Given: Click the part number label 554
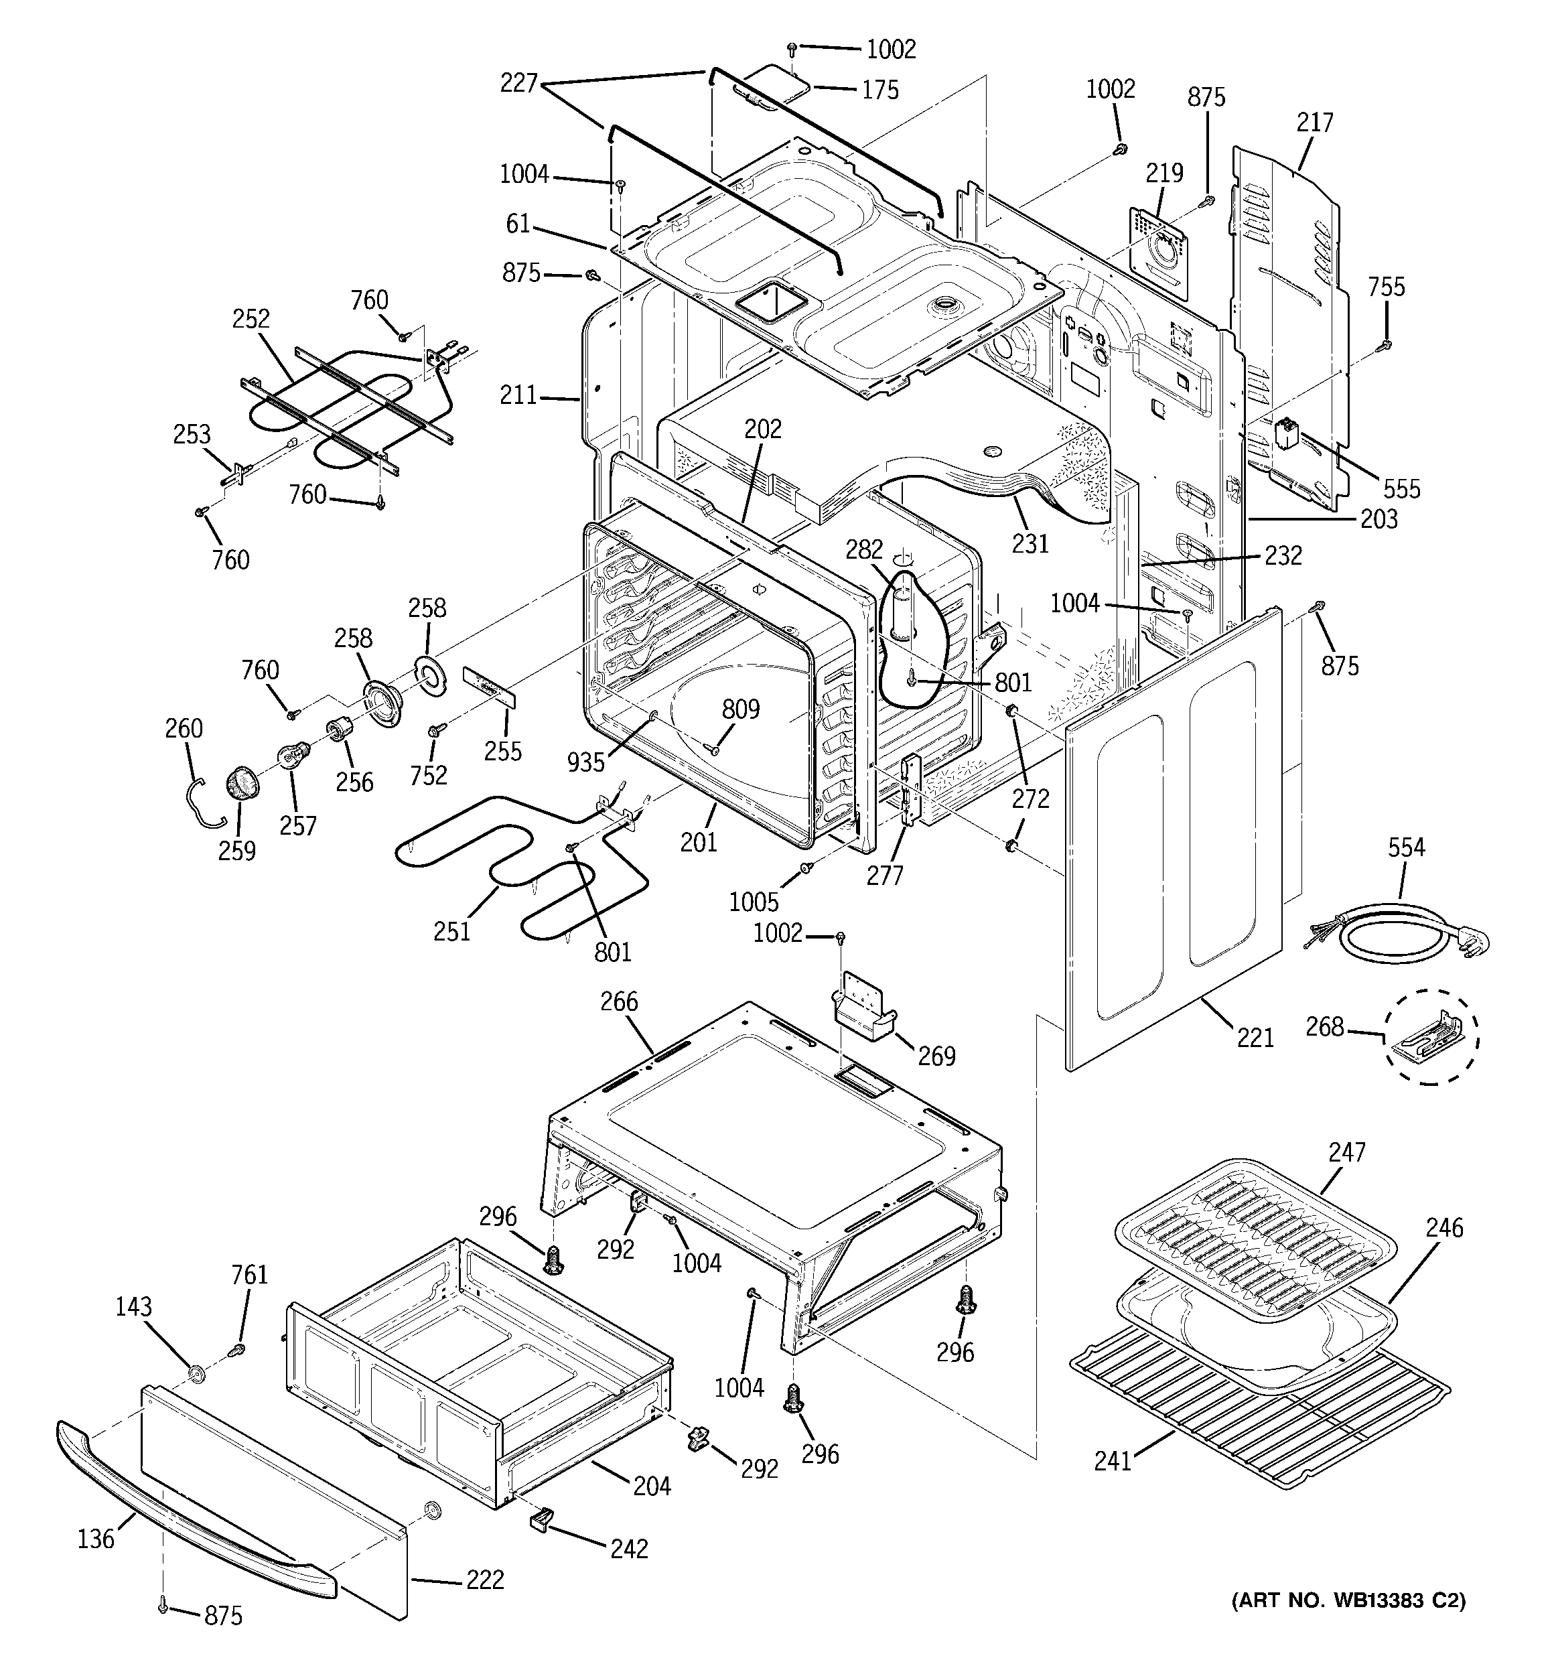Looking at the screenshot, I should coord(1407,847).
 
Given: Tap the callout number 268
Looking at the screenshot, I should coord(1326,1027).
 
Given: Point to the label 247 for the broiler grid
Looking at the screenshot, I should coord(1347,1153).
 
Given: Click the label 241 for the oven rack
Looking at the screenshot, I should coord(1113,1461).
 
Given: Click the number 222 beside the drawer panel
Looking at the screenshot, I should coord(486,1580).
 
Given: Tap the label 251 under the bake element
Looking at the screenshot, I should coord(452,930).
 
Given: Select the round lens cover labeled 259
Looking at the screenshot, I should coord(240,784).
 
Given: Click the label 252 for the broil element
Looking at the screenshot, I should coord(251,319).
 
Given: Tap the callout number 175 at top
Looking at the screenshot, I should coord(880,89).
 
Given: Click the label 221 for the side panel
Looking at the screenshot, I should coord(1255,1038).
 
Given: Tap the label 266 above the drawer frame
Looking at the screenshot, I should coord(619,1001).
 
